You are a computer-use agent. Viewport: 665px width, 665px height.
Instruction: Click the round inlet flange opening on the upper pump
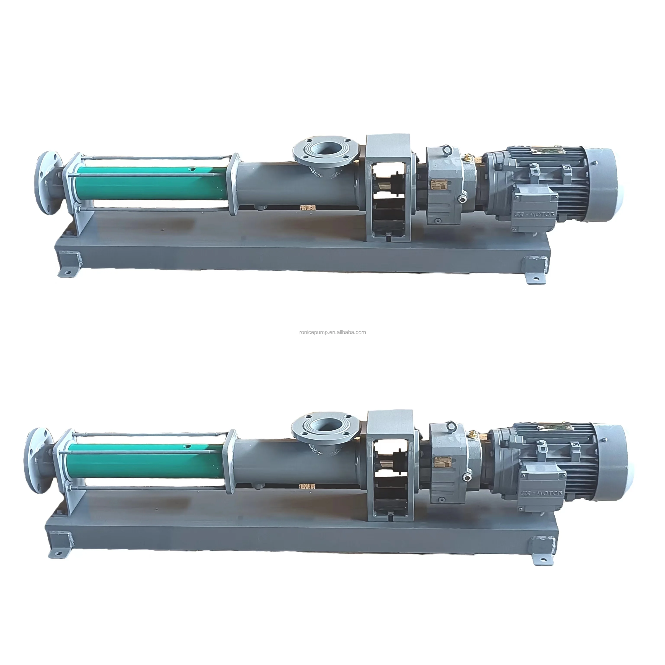coord(326,150)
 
